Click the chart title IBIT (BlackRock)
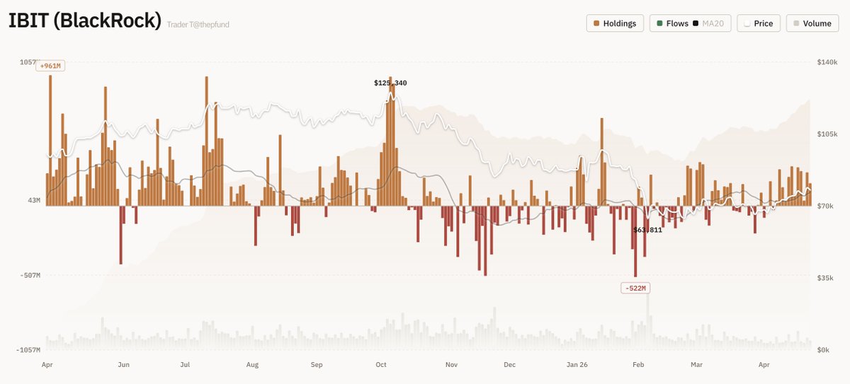(85, 21)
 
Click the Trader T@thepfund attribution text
(198, 25)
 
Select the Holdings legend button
(616, 23)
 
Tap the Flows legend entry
(672, 23)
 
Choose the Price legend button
(759, 23)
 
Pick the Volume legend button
(812, 23)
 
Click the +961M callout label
(51, 66)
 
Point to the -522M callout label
(635, 288)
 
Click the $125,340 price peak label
(390, 83)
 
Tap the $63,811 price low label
(647, 230)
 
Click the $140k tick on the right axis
(827, 62)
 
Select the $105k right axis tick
(827, 134)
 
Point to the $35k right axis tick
(825, 278)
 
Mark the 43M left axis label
(34, 201)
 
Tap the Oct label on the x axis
(381, 365)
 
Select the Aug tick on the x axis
(252, 365)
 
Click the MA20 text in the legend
(713, 23)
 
